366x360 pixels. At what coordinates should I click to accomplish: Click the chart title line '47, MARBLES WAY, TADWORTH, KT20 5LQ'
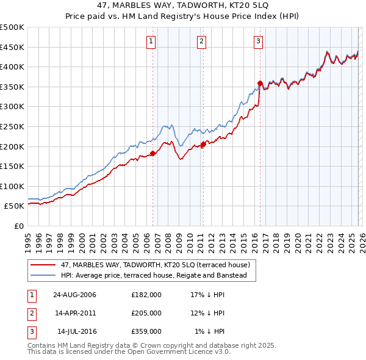182,5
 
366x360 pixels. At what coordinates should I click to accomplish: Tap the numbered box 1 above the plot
151,41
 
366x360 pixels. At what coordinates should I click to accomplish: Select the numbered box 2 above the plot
201,41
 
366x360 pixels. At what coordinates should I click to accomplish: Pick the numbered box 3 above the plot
258,41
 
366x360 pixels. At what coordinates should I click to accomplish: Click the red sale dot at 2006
153,154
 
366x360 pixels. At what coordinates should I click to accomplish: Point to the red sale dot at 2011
203,145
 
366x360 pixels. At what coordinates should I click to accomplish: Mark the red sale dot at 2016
260,83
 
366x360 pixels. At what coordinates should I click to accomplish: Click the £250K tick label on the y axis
12,126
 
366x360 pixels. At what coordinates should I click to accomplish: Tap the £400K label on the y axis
12,67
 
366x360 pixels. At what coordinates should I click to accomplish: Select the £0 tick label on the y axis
18,226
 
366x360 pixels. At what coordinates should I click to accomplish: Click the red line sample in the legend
44,265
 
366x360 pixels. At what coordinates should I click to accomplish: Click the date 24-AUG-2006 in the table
74,295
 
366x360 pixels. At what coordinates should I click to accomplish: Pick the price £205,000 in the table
146,313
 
